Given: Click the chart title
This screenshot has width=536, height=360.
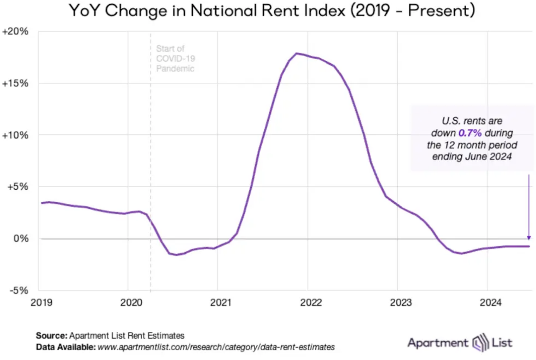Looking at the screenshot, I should coord(272,11).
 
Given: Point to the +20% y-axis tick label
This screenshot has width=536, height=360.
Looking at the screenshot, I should coord(15,31).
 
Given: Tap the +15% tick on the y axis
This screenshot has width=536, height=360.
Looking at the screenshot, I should coord(15,83).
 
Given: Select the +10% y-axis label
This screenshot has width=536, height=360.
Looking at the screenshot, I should coord(15,135).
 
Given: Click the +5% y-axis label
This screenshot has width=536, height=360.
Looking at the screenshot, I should coord(18,187).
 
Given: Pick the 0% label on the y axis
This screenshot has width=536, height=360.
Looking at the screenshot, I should coord(21,238).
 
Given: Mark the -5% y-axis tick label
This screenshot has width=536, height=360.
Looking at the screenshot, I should coord(19,290).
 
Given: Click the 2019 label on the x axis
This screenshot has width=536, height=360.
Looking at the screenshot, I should coord(42,302).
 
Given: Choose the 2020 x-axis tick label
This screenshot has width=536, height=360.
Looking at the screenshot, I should coord(131,302).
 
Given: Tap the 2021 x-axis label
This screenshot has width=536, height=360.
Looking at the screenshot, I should coord(221,302).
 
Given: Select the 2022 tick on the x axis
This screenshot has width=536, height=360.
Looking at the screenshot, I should coord(311,302).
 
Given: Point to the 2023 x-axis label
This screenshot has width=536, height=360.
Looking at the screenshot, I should coord(401,302).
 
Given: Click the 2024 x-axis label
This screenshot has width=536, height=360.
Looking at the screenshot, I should coord(491,302).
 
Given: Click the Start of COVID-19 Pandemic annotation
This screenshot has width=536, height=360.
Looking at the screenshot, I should coord(175,58).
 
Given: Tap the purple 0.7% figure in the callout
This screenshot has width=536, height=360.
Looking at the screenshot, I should coord(470,133).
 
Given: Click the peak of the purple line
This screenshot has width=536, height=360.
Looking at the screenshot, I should coord(297,53).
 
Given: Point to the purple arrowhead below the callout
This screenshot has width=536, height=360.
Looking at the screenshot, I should coord(529,238).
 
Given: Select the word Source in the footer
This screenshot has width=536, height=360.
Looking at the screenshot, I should coord(51,335).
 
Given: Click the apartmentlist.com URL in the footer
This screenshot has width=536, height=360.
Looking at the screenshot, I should coord(216,347).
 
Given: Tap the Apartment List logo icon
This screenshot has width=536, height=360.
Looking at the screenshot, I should coord(481,343).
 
